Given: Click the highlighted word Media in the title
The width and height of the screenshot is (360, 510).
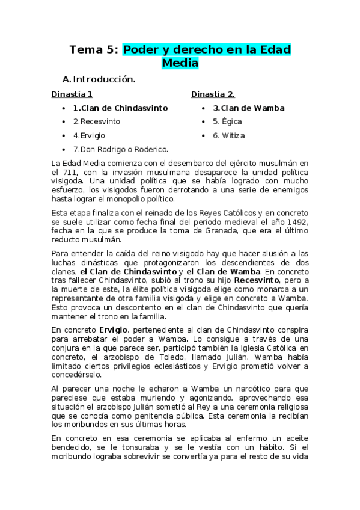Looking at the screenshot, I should [180, 63].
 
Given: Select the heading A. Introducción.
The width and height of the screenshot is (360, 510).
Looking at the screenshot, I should [99, 79].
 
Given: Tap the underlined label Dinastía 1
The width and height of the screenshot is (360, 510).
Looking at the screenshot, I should [72, 94].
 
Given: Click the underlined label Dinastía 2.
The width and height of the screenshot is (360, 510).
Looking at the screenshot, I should [213, 94].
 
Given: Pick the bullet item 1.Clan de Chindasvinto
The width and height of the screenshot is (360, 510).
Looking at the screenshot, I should [120, 108].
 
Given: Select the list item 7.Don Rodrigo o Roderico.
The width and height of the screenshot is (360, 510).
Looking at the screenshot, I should [120, 149].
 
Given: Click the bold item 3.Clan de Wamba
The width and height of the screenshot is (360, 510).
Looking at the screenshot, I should [248, 108].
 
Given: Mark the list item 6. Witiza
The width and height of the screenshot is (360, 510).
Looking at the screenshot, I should [229, 135].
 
